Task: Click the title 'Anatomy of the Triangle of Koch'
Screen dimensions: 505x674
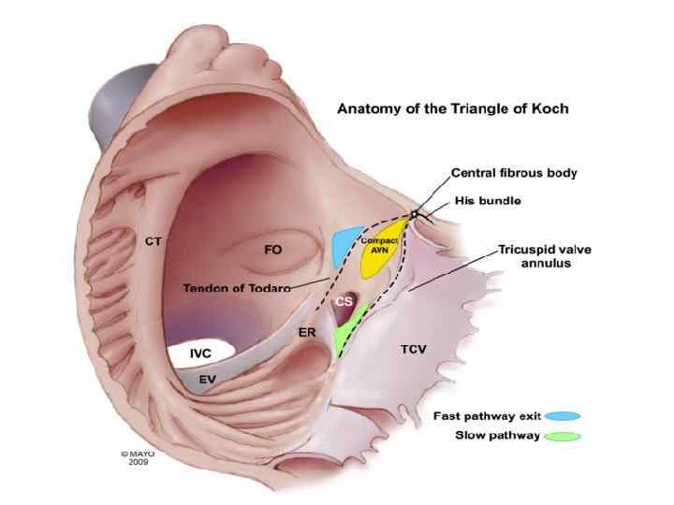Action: click(x=452, y=108)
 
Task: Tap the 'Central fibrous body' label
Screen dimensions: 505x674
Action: click(x=514, y=173)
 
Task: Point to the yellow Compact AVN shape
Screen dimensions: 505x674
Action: click(x=382, y=252)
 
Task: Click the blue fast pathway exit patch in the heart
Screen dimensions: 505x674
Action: click(x=347, y=244)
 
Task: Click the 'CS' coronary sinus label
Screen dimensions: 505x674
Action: click(x=344, y=302)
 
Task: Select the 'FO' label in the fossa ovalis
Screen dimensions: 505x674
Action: click(x=273, y=250)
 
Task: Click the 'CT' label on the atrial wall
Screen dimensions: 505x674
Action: click(x=154, y=241)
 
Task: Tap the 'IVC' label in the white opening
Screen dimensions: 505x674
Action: click(x=200, y=353)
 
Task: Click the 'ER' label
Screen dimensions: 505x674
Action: click(x=305, y=332)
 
